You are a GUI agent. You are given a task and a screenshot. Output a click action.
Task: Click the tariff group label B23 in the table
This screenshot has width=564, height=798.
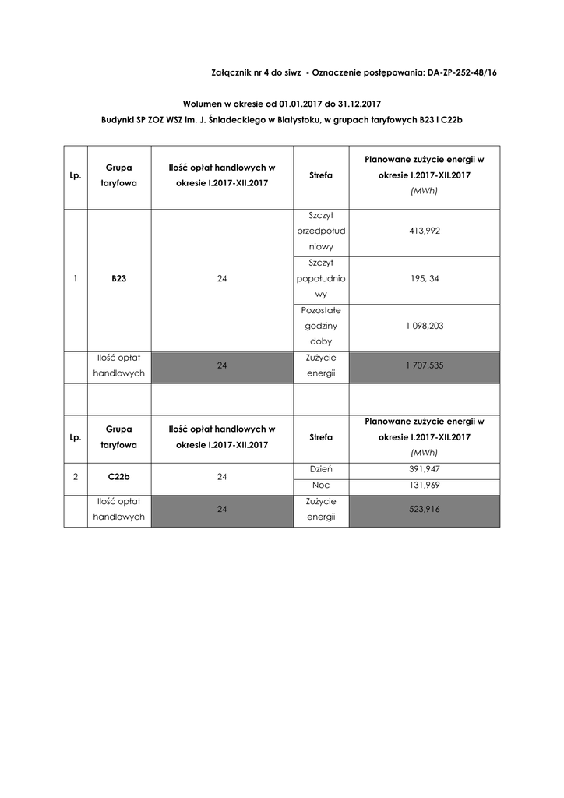(x=119, y=278)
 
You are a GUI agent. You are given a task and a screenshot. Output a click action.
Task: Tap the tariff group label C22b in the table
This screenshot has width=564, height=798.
(x=119, y=477)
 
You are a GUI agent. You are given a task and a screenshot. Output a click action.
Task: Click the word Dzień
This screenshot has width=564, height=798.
(x=321, y=470)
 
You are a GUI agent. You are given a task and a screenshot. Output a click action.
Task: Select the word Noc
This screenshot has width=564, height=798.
(x=321, y=485)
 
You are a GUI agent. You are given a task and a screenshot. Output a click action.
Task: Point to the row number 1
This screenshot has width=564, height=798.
(x=76, y=278)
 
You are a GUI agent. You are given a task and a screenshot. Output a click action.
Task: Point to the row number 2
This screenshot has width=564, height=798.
(x=76, y=477)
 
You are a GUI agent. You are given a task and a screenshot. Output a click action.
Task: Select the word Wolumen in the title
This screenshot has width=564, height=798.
(x=204, y=103)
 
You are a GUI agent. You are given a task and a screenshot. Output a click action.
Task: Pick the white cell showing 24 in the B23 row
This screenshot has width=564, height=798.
(x=222, y=278)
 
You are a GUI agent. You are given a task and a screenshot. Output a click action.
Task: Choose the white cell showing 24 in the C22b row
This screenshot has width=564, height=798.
(x=222, y=477)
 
